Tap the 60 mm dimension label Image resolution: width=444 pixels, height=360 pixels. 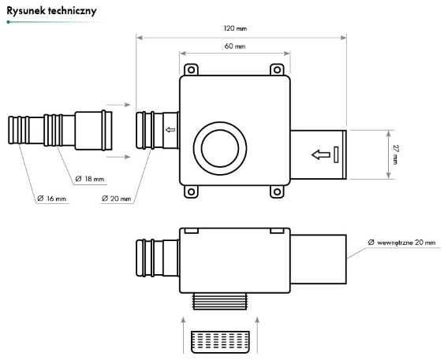coord(234,47)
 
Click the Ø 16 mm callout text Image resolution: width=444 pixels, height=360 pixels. coord(52,198)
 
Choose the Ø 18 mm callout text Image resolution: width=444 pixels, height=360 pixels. coord(89,179)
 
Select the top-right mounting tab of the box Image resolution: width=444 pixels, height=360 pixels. coord(277,70)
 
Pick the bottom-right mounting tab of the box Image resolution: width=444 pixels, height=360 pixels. coord(277,190)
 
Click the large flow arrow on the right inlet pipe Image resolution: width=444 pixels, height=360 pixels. coord(321,154)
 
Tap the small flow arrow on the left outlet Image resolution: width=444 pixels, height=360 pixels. coord(170,131)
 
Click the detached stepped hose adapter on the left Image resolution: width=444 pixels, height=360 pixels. coord(59,130)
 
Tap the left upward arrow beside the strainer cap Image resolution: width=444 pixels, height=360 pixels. coord(182,331)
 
